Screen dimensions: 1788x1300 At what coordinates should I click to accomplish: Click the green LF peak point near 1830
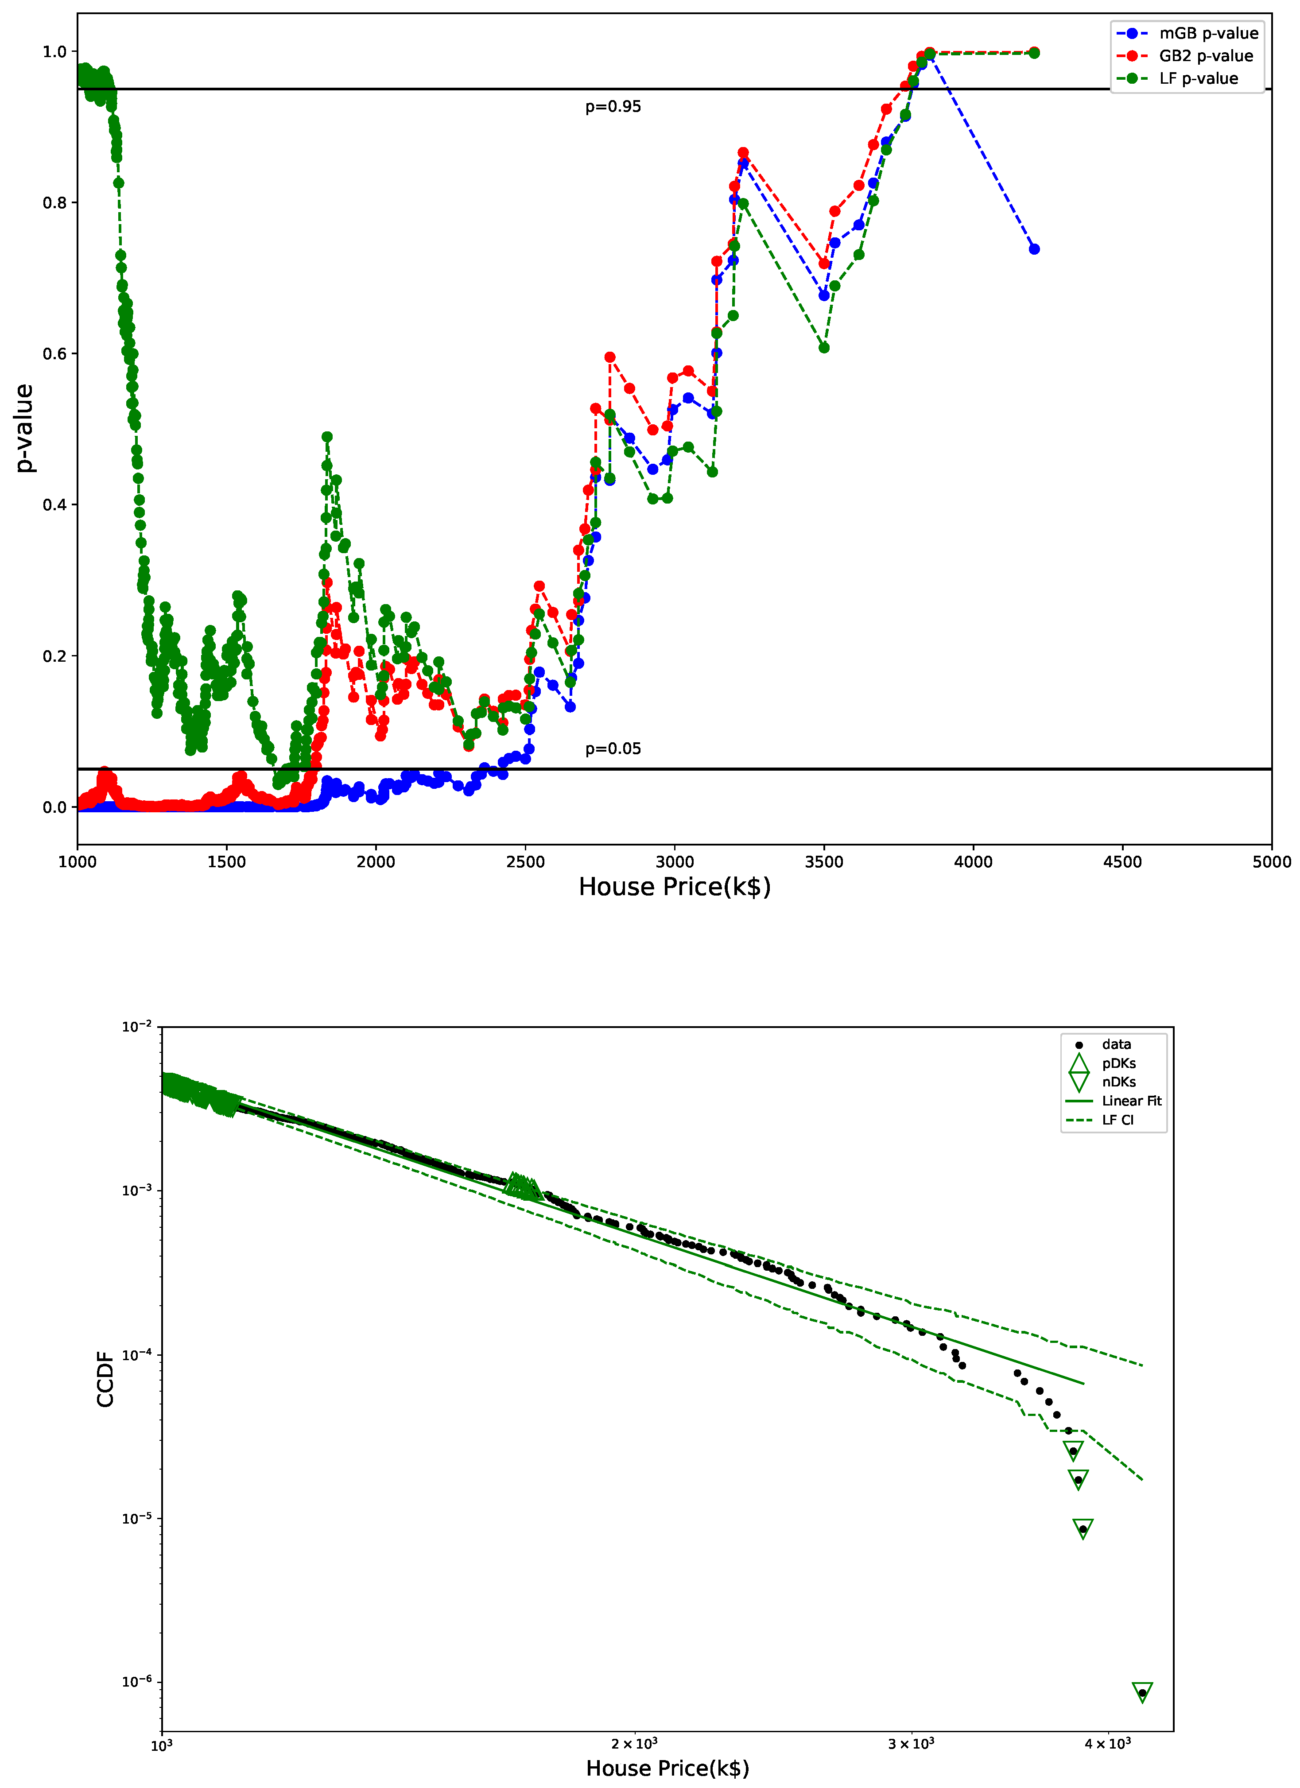[327, 437]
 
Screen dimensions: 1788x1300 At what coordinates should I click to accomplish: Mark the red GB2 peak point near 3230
[743, 153]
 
